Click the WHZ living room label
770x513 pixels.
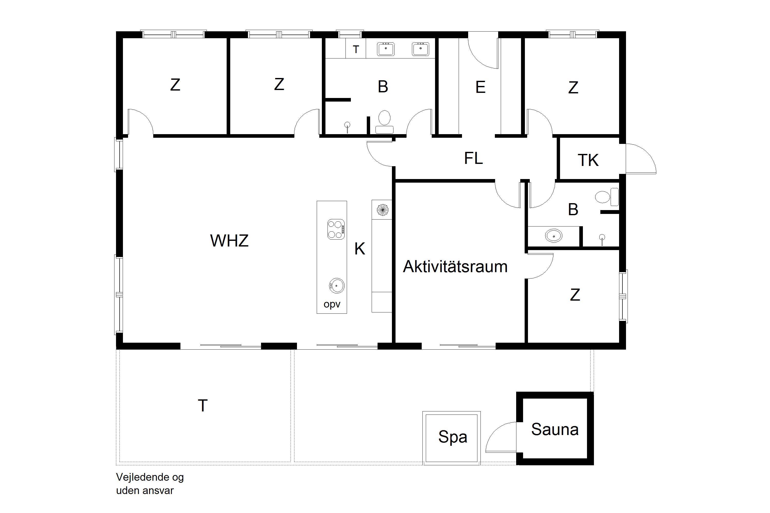point(229,241)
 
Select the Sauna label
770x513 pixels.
point(555,429)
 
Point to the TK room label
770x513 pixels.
point(588,160)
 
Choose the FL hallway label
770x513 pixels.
point(473,158)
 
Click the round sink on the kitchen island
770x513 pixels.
point(336,286)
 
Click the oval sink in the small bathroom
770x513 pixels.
point(554,235)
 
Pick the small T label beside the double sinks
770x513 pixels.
point(356,50)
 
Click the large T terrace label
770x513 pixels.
point(203,406)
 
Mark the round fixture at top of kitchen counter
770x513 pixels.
point(382,210)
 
